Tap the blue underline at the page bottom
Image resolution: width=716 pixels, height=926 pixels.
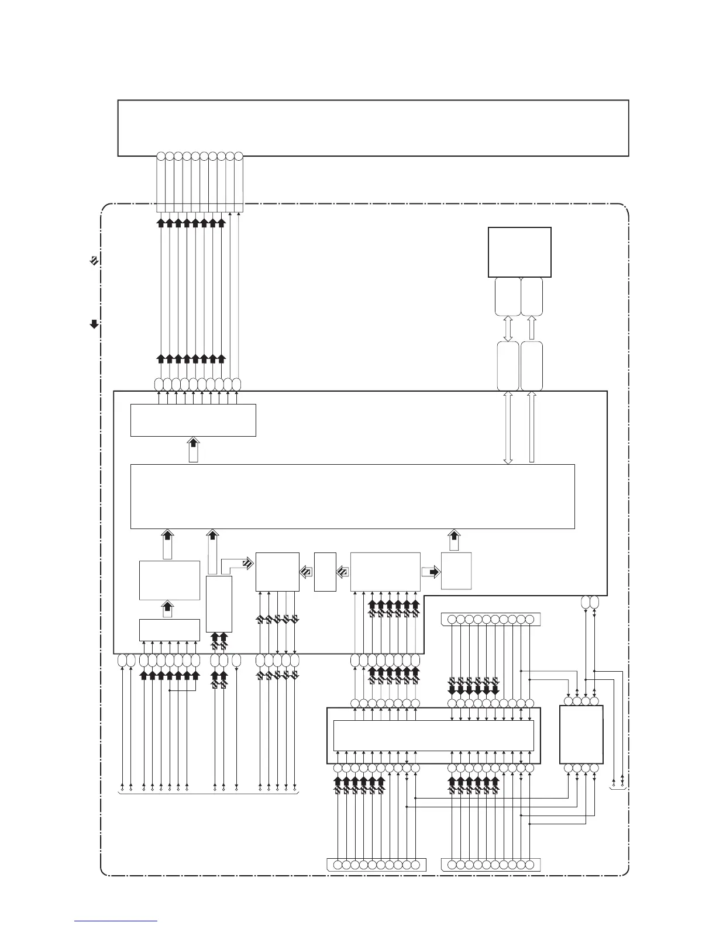[x=116, y=921]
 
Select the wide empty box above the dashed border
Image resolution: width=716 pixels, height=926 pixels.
[x=373, y=128]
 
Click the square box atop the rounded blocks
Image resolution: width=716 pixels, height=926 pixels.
[x=519, y=252]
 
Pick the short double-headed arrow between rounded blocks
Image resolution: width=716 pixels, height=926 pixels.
[x=508, y=329]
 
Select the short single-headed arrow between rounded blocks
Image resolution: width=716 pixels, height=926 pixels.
[x=531, y=329]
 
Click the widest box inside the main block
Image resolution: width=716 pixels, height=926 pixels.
[x=352, y=496]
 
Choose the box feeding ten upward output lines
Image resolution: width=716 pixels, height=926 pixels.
[x=193, y=420]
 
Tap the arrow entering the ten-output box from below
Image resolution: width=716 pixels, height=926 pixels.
[x=193, y=450]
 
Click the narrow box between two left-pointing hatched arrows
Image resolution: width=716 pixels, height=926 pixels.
[x=325, y=571]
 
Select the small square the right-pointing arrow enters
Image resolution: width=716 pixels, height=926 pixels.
[x=456, y=571]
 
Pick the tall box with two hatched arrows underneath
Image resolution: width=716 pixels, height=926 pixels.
[x=219, y=603]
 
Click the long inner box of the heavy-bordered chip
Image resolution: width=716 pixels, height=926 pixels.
[x=433, y=735]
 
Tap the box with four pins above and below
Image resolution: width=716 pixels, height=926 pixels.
[x=581, y=734]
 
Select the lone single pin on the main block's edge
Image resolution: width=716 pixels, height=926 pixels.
[x=236, y=661]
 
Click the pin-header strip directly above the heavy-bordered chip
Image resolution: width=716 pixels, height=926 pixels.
[x=491, y=619]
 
